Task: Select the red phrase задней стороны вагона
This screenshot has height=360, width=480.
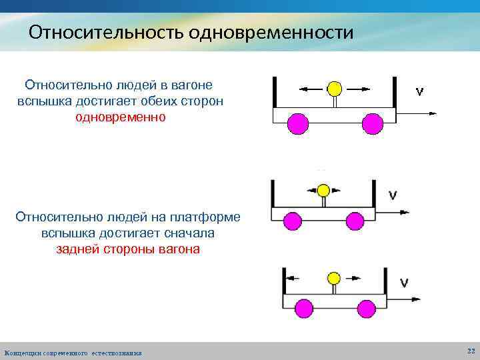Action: pyautogui.click(x=127, y=249)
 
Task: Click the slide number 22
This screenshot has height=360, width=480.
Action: pyautogui.click(x=471, y=351)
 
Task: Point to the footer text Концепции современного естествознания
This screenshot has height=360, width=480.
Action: pyautogui.click(x=73, y=352)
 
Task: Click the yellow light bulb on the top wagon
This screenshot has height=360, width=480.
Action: pyautogui.click(x=335, y=89)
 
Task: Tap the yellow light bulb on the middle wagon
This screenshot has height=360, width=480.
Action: pyautogui.click(x=323, y=191)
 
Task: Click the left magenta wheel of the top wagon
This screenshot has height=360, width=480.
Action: pyautogui.click(x=297, y=124)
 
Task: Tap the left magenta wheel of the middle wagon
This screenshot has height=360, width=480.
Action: pyautogui.click(x=292, y=221)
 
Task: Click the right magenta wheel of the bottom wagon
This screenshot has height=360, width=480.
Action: pyautogui.click(x=366, y=308)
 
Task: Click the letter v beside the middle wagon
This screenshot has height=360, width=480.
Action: pyautogui.click(x=393, y=195)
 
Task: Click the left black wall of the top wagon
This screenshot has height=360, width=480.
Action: pyautogui.click(x=274, y=91)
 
